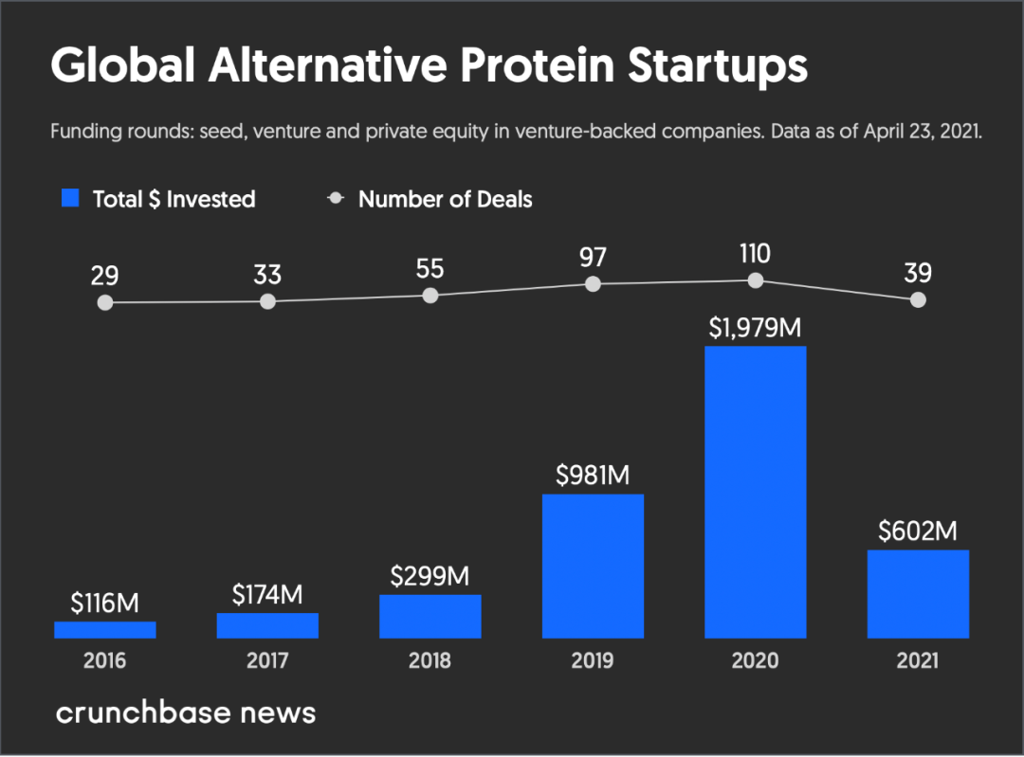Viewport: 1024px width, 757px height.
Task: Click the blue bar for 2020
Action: [x=755, y=492]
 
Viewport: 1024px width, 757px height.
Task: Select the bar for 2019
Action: [x=593, y=566]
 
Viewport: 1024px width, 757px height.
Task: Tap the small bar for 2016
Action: [x=105, y=629]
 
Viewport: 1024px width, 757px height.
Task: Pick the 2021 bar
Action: [x=918, y=594]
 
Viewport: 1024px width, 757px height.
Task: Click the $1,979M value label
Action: [x=755, y=328]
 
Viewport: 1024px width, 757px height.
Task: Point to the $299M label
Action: [x=430, y=576]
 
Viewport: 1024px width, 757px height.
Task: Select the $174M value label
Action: [x=267, y=595]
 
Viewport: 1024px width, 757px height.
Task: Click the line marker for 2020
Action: [x=755, y=280]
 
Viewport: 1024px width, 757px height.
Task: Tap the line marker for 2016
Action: [x=105, y=303]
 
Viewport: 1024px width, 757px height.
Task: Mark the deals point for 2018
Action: [x=430, y=295]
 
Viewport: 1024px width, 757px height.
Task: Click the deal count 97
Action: [x=593, y=258]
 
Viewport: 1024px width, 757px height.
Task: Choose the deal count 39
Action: [x=918, y=273]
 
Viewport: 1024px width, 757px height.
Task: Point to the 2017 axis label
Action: [x=267, y=660]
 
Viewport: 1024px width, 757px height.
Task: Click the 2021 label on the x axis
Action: [x=918, y=660]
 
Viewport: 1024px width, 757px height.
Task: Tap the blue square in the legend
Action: [x=70, y=198]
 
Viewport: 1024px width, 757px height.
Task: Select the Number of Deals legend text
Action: [x=445, y=199]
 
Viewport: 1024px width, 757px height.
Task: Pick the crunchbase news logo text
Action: [x=185, y=712]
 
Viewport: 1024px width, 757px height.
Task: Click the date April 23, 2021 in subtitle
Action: [x=921, y=132]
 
